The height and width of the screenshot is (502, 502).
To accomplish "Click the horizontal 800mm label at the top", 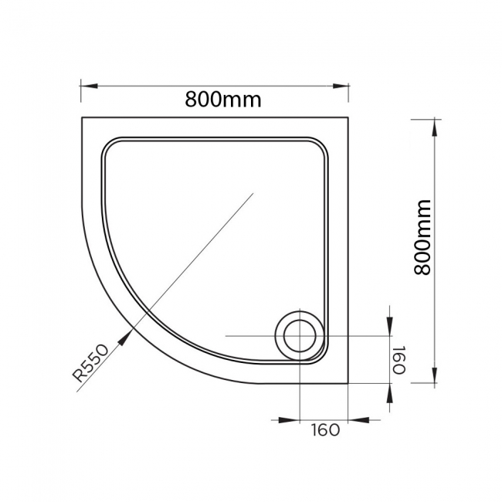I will click(223, 100).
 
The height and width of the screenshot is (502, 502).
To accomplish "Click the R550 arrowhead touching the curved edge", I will click(128, 333).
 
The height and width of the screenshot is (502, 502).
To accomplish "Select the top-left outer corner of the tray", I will click(82, 117).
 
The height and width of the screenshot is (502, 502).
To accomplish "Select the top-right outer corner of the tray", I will click(348, 117).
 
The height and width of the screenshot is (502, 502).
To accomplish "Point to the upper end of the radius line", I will click(253, 194).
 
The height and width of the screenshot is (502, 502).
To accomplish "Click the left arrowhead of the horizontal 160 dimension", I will click(292, 420).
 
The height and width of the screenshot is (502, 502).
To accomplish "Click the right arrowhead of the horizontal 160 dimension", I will click(356, 420).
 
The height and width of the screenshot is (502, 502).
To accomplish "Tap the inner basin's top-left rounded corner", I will click(109, 144).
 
